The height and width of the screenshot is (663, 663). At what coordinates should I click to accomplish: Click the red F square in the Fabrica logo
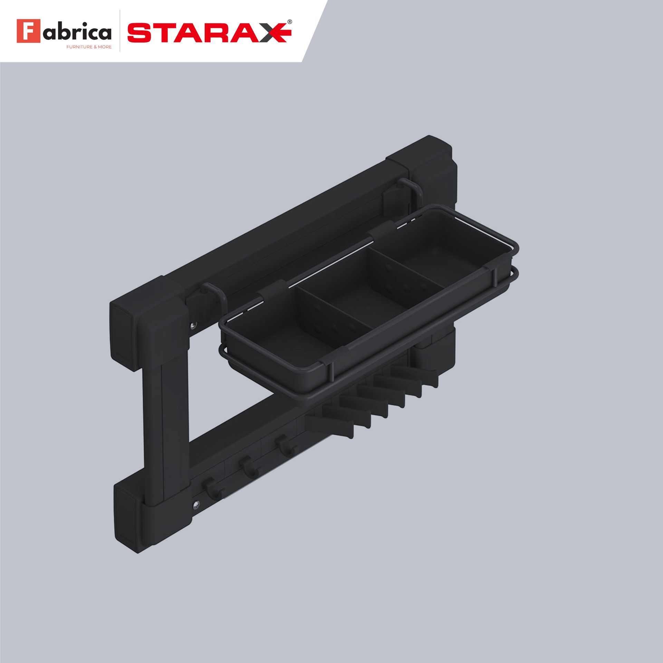(28, 31)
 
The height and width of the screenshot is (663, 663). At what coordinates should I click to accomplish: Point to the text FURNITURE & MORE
(89, 47)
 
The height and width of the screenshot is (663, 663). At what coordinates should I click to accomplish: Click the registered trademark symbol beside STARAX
(290, 21)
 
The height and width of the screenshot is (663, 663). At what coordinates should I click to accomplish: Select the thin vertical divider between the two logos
(120, 31)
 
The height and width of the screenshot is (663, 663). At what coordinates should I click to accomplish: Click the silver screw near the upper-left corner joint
(193, 325)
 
